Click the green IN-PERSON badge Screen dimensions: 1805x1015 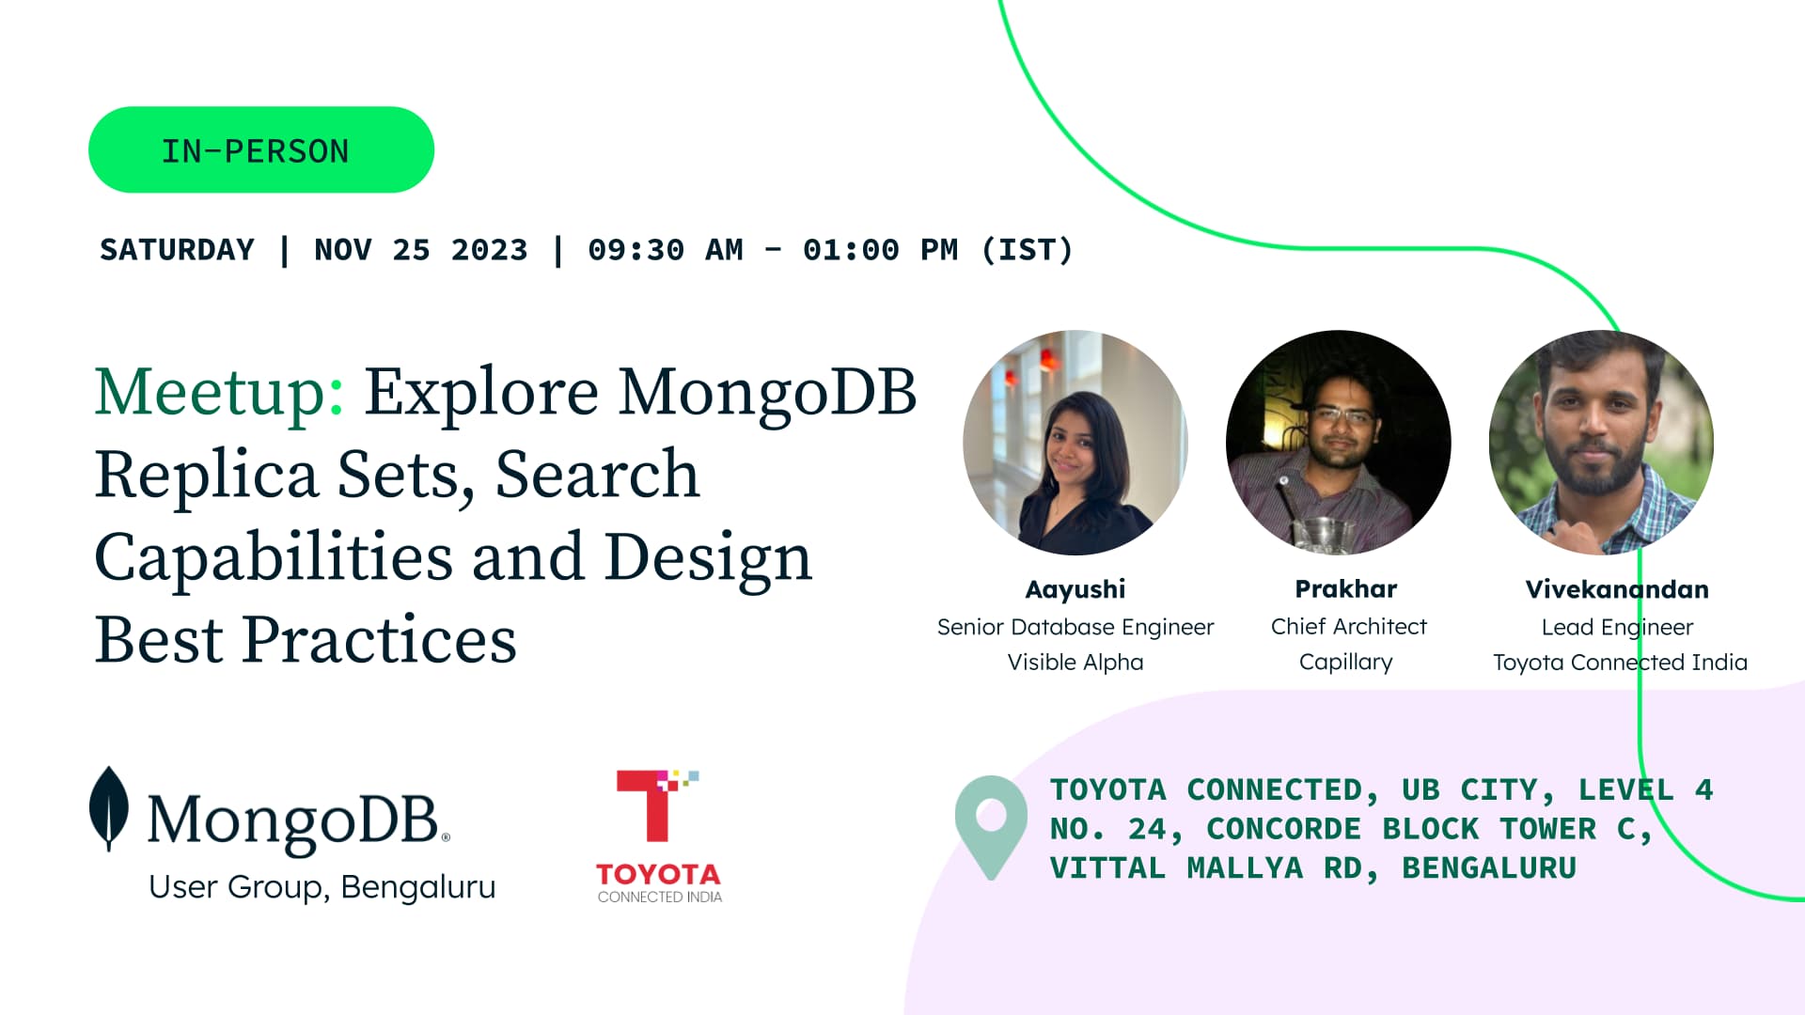coord(261,149)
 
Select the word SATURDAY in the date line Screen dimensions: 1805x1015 coord(178,250)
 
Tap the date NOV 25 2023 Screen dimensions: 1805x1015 coord(421,250)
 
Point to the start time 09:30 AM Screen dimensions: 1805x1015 coord(666,250)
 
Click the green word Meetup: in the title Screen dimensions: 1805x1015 coord(220,392)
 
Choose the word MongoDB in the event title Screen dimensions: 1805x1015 coord(767,392)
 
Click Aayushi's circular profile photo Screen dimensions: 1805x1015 coord(1075,443)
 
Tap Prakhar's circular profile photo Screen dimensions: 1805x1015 coord(1339,443)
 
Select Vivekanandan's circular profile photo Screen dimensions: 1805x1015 coord(1602,443)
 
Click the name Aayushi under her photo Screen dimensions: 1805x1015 coord(1075,589)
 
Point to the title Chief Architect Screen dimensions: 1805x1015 coord(1349,626)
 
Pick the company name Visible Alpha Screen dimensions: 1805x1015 coord(1075,663)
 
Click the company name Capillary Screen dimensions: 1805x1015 coord(1346,663)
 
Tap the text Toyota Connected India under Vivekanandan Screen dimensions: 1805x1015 coord(1620,663)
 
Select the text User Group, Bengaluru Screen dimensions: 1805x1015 coord(322,887)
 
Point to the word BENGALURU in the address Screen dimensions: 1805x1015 coord(1489,868)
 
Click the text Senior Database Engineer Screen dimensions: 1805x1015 coord(1075,627)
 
